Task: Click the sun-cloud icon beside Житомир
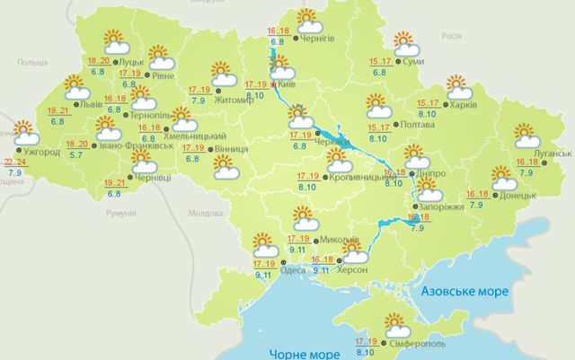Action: click(221, 72)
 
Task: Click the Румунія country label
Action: click(119, 214)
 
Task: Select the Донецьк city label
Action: click(517, 194)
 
